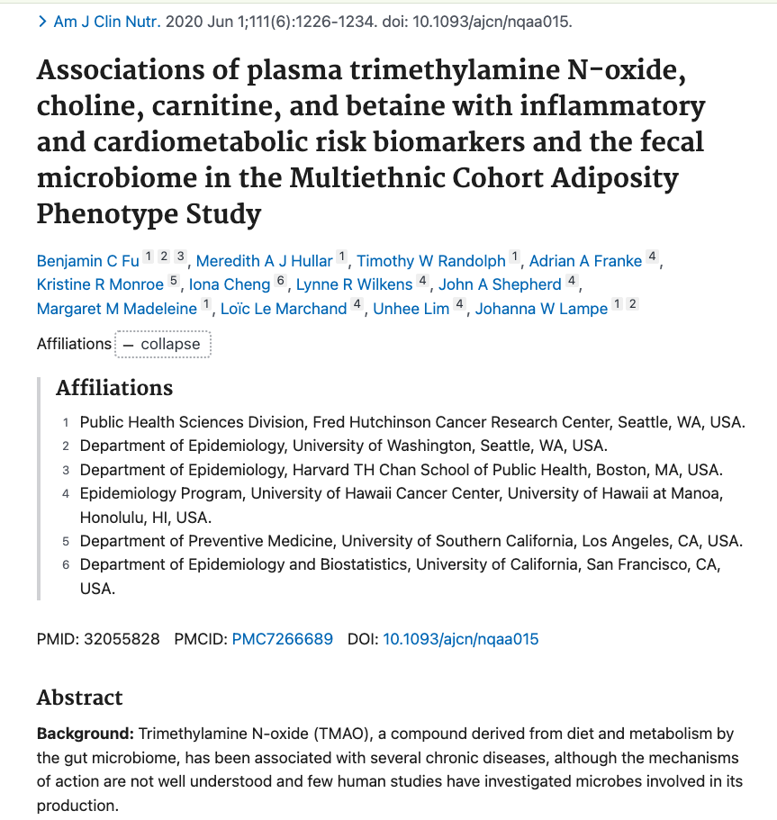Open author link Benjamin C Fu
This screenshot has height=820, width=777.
tap(87, 261)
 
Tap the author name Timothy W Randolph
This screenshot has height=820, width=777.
tap(431, 261)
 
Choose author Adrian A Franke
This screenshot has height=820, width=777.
tap(585, 261)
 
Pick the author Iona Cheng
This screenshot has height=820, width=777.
tap(230, 284)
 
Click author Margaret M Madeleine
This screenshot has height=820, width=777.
tap(117, 309)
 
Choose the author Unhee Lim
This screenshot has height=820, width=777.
tap(411, 309)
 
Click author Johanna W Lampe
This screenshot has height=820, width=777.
tap(541, 309)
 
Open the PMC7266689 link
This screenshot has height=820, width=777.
tap(282, 639)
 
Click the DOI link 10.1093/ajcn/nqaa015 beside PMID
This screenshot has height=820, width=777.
tap(461, 639)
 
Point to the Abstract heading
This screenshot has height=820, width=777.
tap(79, 698)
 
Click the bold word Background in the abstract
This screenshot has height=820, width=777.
tap(85, 734)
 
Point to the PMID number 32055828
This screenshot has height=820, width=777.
tap(122, 639)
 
